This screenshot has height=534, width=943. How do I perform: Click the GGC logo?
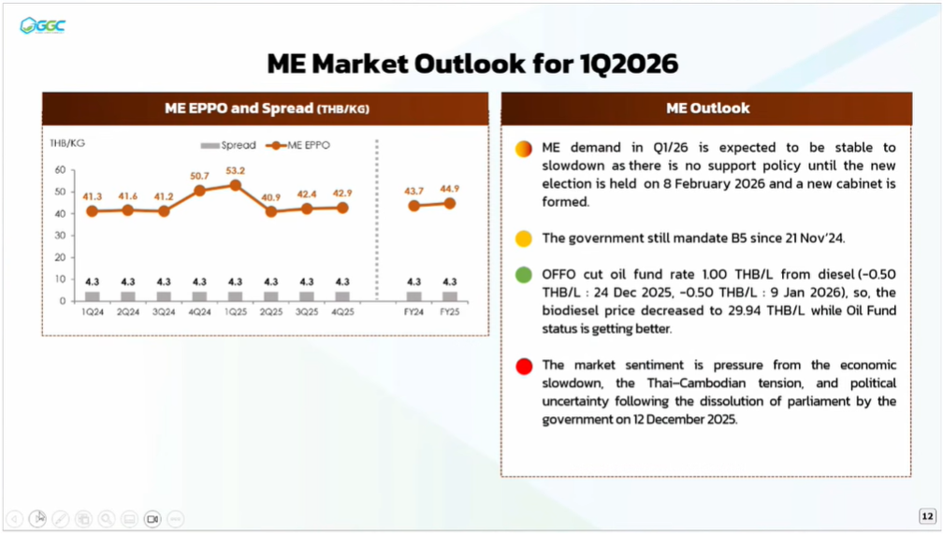tap(43, 25)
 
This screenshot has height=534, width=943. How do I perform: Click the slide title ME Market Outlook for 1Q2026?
tap(472, 64)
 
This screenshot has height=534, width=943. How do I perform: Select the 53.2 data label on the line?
tap(235, 170)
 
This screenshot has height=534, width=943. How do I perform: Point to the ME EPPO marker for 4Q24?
tap(199, 191)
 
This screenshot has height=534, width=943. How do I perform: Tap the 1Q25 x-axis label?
tap(235, 312)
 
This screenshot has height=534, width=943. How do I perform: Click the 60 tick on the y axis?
tap(60, 170)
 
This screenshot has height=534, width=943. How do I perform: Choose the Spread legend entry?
tap(229, 146)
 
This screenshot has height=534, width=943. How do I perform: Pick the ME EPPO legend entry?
tap(298, 146)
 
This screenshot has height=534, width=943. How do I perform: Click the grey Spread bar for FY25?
tap(450, 296)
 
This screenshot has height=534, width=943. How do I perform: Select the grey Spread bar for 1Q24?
tap(92, 296)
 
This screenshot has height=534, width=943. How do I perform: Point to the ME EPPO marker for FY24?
tap(414, 206)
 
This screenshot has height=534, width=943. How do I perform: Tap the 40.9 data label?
tap(270, 197)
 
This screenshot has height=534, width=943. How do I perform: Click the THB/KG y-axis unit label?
tap(67, 143)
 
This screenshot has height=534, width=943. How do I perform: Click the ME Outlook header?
tap(707, 108)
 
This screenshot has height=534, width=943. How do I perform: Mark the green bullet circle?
tap(524, 276)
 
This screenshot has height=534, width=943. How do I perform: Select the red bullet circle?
tap(524, 367)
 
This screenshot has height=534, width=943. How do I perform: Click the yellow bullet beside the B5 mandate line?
tap(524, 238)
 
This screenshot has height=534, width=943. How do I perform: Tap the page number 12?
tap(927, 516)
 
